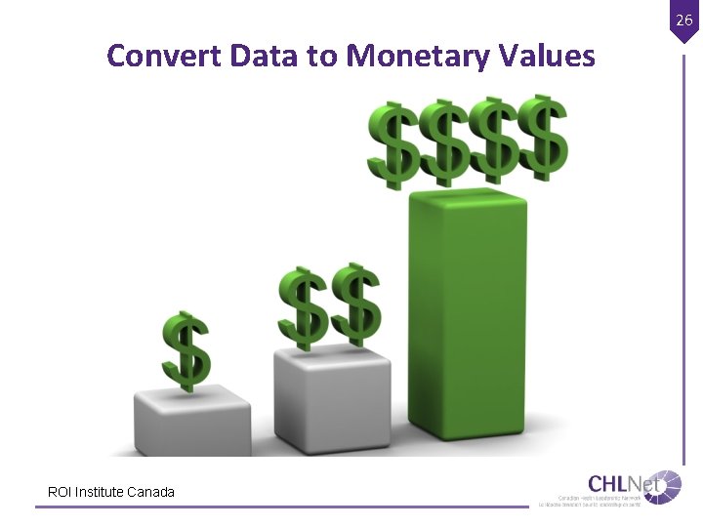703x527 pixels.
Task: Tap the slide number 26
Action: pos(684,19)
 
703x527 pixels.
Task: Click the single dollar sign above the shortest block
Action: pos(186,349)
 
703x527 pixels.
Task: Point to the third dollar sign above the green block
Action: pos(493,141)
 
